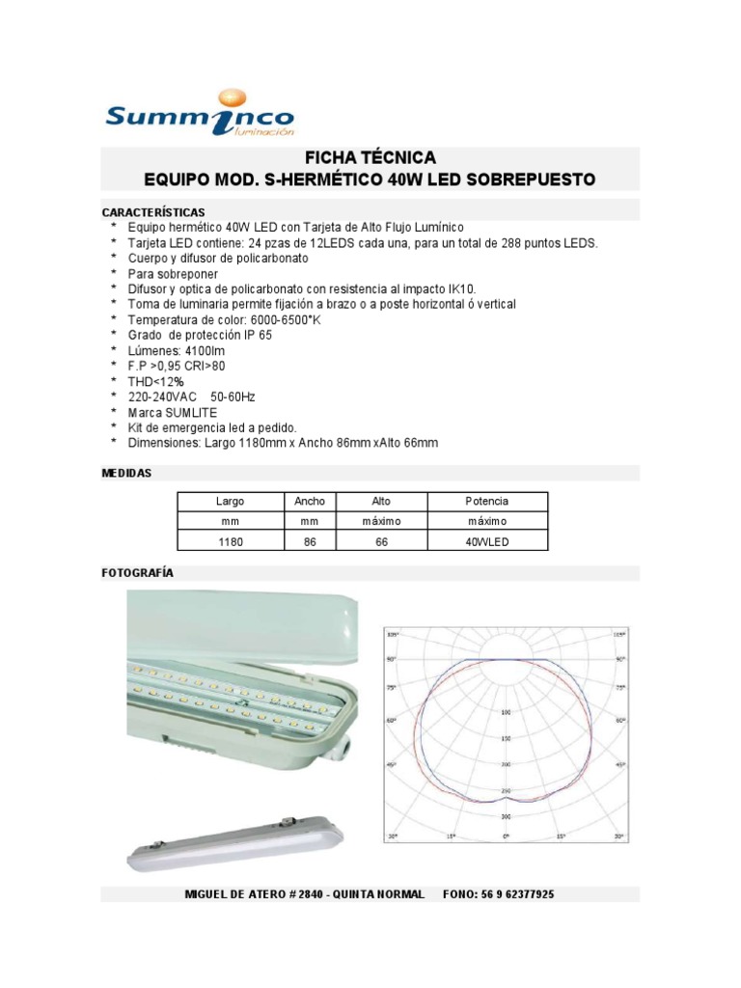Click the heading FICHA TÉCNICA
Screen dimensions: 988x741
click(370, 157)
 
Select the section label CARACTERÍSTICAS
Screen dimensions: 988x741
click(153, 211)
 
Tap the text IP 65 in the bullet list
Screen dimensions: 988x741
click(256, 336)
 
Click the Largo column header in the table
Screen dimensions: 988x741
click(230, 502)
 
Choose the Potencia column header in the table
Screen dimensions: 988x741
click(486, 502)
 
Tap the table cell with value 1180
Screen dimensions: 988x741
click(230, 542)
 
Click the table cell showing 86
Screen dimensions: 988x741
click(310, 542)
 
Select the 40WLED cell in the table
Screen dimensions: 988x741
click(486, 542)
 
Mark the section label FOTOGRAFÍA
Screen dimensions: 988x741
click(138, 572)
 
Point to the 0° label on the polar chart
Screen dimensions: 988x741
click(505, 835)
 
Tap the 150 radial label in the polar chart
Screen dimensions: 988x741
click(506, 738)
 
